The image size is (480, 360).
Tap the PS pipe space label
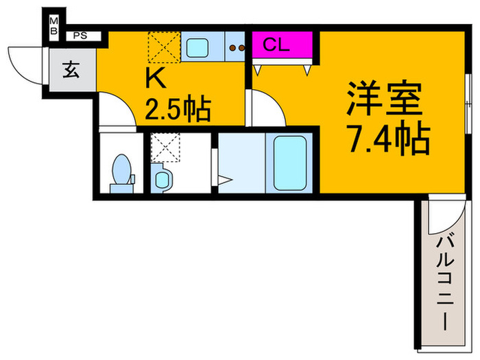[80, 35]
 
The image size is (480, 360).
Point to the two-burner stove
[237, 47]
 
